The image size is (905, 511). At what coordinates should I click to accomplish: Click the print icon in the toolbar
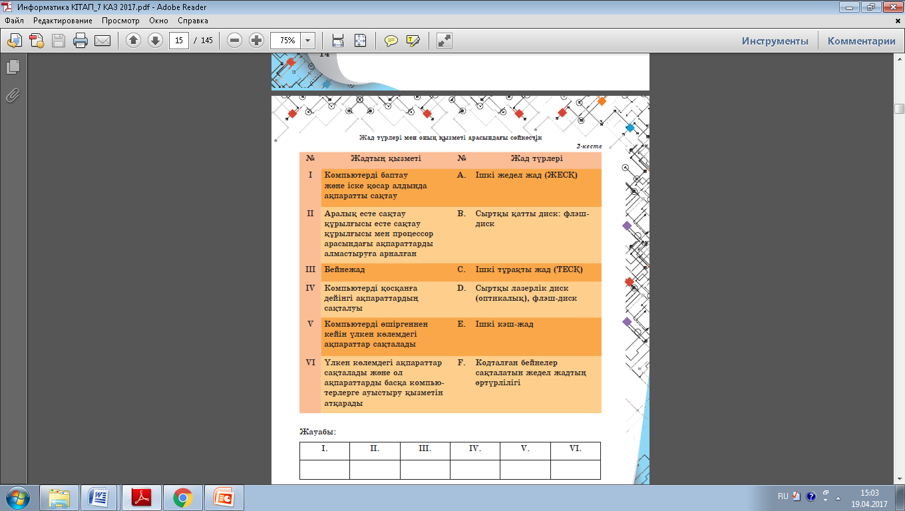[80, 41]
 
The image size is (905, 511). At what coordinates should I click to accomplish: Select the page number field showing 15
[179, 41]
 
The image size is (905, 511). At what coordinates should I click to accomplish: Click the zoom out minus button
[234, 41]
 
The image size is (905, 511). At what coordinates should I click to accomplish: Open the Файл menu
[14, 21]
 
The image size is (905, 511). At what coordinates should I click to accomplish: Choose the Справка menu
[193, 21]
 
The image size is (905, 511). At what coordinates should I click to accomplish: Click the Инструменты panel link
[775, 41]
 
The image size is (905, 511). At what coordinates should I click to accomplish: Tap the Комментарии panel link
[861, 41]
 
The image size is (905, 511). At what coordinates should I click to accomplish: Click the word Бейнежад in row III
[344, 269]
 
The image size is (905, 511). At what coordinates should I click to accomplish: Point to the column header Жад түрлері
[536, 158]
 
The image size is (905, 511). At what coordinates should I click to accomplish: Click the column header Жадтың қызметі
[386, 158]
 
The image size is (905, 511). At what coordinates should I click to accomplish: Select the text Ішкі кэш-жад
[504, 324]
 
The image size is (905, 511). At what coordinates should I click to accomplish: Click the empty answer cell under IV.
[474, 469]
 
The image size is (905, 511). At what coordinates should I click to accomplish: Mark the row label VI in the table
[310, 363]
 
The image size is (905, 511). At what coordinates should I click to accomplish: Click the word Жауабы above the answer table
[317, 432]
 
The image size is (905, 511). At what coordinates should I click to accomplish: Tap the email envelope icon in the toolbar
[102, 41]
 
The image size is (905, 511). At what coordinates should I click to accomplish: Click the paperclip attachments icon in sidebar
[13, 96]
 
